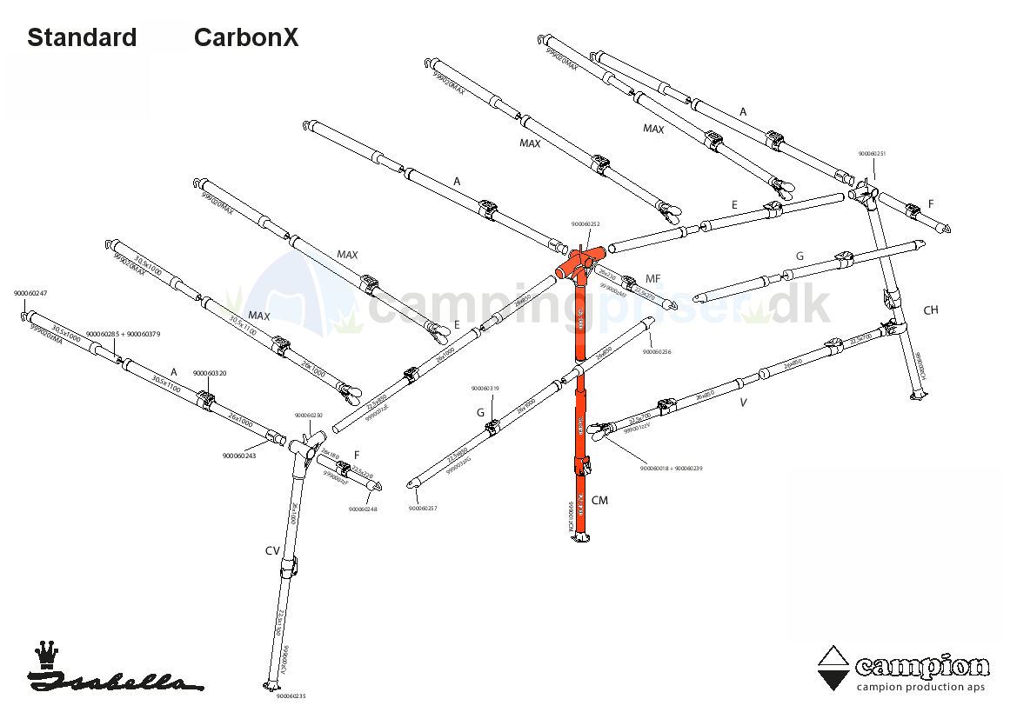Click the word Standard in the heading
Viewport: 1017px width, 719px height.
[x=82, y=38]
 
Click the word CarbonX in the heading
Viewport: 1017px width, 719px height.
[x=246, y=38]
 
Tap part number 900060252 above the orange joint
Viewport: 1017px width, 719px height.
[x=585, y=224]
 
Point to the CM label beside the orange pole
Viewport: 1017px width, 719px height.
[x=599, y=500]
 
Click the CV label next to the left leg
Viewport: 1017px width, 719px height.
[x=272, y=550]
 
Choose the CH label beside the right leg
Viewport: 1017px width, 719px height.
[x=931, y=310]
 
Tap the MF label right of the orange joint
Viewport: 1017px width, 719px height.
[x=652, y=279]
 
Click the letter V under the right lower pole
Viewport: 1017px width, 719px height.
[x=743, y=403]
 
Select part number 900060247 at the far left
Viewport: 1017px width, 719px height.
[x=30, y=294]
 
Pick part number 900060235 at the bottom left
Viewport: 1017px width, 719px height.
[x=291, y=696]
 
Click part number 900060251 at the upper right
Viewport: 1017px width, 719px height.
[x=872, y=154]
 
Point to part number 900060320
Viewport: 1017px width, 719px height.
[x=210, y=373]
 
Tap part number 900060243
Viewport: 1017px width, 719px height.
[x=239, y=456]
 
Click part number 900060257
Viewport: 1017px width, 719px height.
[x=422, y=508]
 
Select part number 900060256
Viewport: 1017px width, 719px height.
[x=657, y=352]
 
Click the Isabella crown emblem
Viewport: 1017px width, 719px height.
[x=45, y=654]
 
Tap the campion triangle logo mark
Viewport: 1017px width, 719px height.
[x=834, y=668]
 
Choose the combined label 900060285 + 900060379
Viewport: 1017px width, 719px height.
[x=123, y=335]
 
